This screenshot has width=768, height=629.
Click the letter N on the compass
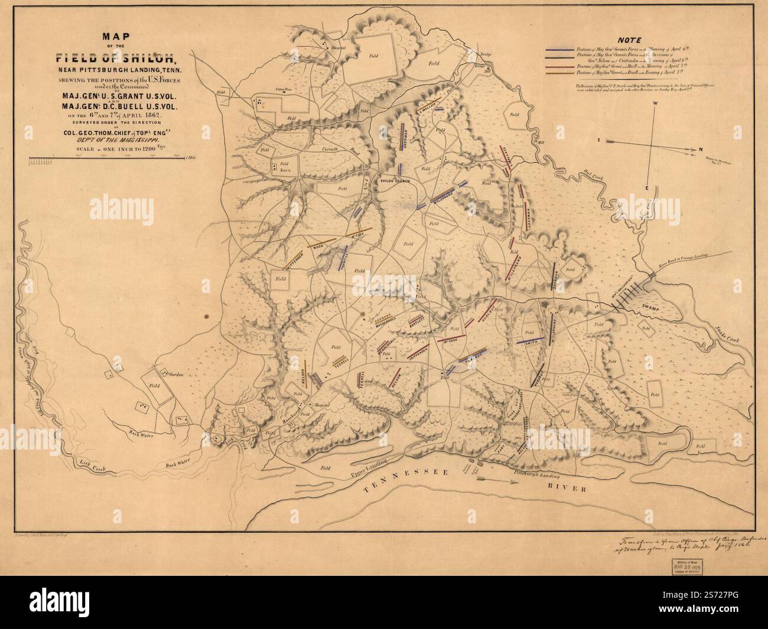coord(700,149)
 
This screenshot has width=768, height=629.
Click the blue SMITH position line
coord(531,340)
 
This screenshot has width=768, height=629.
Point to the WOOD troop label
coord(318,245)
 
